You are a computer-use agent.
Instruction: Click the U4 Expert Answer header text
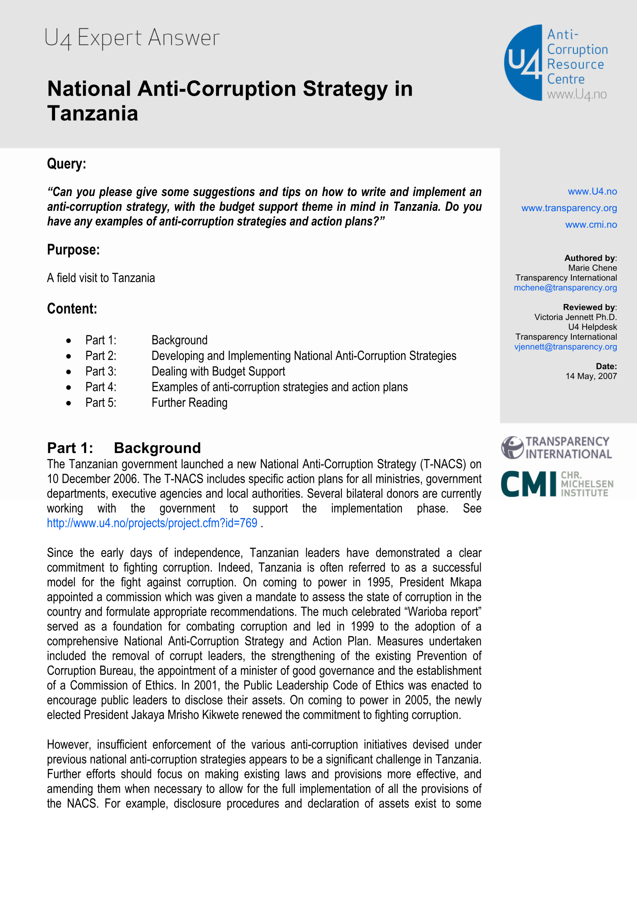click(132, 38)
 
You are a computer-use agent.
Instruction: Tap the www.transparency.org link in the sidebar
click(569, 208)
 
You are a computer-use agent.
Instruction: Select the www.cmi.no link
click(591, 225)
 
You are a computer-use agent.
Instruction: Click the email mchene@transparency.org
click(565, 288)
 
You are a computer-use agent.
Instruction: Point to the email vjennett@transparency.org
click(565, 347)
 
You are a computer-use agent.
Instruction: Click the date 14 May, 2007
click(591, 376)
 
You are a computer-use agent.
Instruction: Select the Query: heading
click(66, 164)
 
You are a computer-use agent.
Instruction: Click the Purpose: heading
click(73, 250)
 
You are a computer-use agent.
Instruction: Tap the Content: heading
click(72, 309)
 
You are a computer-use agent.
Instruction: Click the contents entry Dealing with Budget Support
click(218, 371)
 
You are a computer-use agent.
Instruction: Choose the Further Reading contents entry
click(189, 403)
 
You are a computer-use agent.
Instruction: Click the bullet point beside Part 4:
click(69, 387)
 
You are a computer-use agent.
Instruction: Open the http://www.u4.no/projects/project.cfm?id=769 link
click(152, 523)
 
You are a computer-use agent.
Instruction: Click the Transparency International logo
click(557, 448)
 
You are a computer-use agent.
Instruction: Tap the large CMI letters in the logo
click(528, 484)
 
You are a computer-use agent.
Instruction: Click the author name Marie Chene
click(592, 268)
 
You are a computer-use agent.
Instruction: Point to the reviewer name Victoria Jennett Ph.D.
click(575, 317)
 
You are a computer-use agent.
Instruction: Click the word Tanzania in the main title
click(93, 113)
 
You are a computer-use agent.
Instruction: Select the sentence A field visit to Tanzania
click(101, 278)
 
